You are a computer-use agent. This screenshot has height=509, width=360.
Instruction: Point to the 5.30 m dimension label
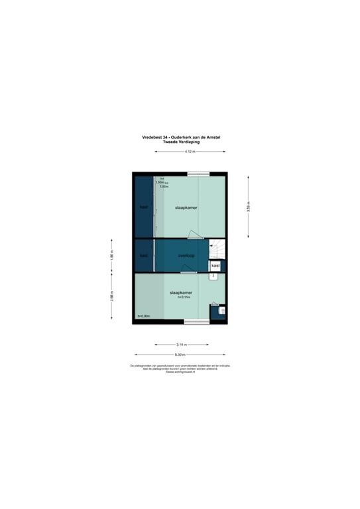click(x=180, y=355)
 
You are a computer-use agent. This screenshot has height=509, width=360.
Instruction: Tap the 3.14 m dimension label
click(x=180, y=345)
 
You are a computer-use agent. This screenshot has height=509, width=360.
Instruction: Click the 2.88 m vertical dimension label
click(x=112, y=296)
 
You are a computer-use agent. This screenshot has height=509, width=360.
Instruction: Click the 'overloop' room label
click(x=186, y=255)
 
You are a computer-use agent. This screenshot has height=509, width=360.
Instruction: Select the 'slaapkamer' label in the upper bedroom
click(x=186, y=207)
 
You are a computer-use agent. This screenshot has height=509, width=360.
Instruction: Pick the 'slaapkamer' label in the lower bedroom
click(x=180, y=292)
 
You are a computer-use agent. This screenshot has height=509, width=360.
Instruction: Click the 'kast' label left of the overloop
click(x=143, y=255)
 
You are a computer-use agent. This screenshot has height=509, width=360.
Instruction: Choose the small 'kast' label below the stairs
click(x=215, y=266)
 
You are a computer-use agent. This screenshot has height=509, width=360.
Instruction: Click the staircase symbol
click(x=217, y=250)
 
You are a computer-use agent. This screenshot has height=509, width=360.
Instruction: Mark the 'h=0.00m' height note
click(x=144, y=316)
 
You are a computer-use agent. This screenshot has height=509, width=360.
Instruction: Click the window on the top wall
click(x=198, y=174)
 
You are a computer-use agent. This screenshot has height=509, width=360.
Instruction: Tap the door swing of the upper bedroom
click(x=193, y=233)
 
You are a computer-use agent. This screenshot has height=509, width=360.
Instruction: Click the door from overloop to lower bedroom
click(x=190, y=270)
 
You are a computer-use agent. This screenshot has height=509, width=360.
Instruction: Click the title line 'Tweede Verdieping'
click(x=180, y=141)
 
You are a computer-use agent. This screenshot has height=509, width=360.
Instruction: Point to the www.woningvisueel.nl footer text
click(x=180, y=372)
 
